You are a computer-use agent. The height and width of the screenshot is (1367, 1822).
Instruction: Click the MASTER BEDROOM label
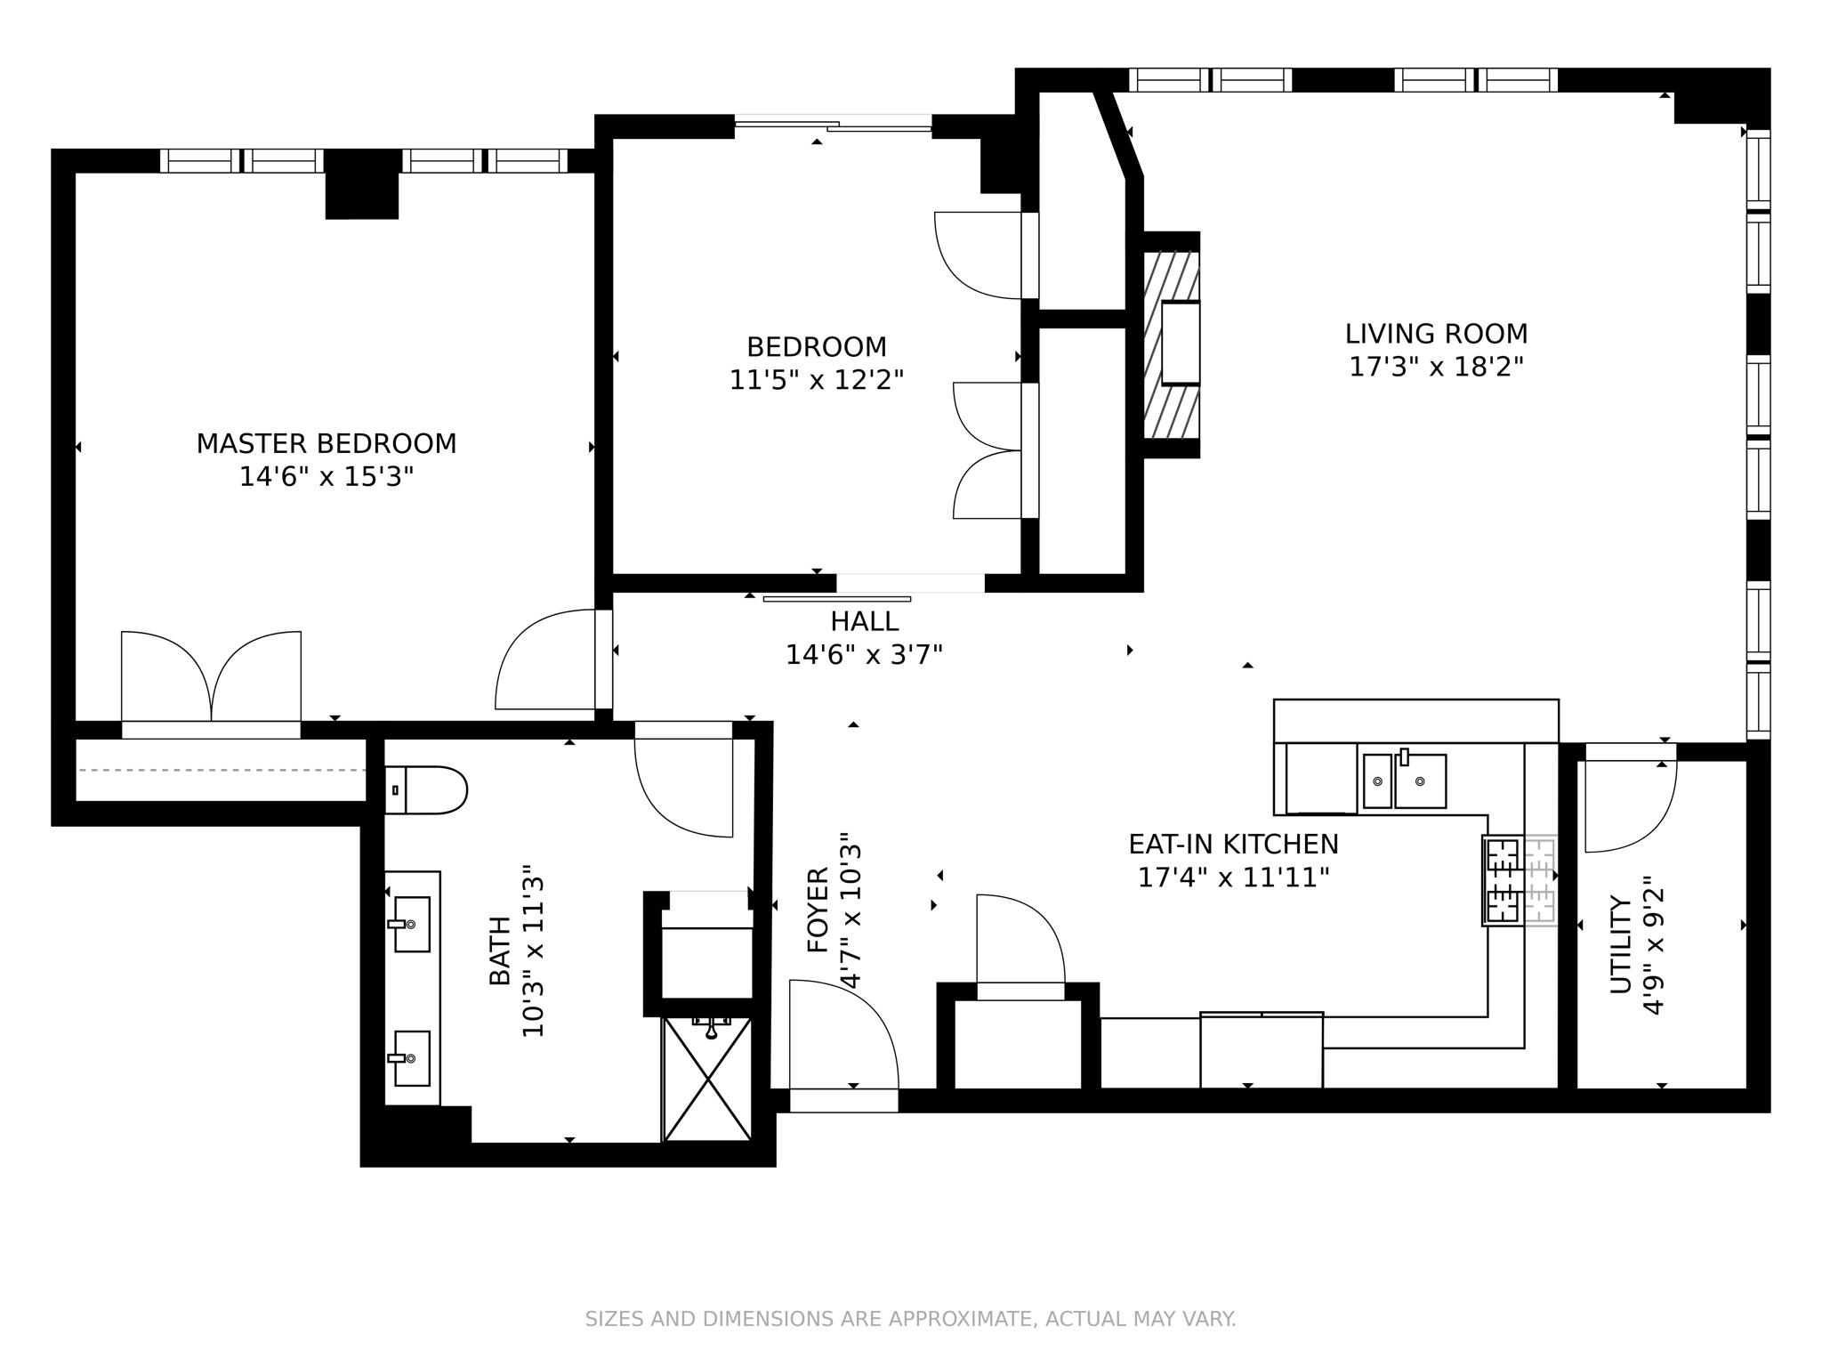(327, 443)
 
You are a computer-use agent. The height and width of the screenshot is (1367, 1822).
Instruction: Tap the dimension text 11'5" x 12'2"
(816, 381)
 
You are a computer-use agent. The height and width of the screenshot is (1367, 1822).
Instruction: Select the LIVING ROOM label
(1436, 334)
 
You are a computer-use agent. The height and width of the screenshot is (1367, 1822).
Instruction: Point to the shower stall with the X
(708, 1079)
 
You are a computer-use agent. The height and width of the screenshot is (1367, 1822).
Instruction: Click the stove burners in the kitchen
(1503, 880)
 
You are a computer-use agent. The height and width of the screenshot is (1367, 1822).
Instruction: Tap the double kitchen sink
(1405, 781)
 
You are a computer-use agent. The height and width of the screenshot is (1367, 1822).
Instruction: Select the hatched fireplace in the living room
(1171, 345)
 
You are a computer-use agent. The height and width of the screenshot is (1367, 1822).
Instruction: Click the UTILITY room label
(1621, 945)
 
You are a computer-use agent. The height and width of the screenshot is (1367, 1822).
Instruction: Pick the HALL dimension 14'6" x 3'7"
(863, 656)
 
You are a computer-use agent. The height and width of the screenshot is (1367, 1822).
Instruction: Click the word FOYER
(818, 910)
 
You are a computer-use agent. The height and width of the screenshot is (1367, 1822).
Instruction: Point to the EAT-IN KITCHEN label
(1233, 844)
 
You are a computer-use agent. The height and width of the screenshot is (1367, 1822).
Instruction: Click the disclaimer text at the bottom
(910, 1319)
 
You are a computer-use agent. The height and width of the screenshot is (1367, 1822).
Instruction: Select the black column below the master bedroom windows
(361, 185)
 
